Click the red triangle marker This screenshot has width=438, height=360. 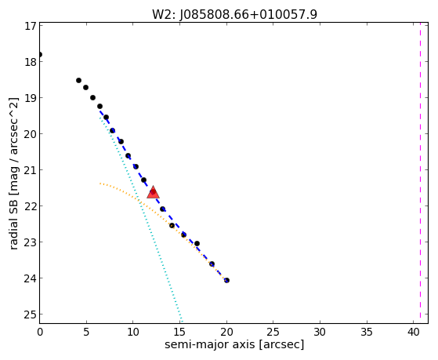pos(153,192)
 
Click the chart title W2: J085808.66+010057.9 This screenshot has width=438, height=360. pos(234,14)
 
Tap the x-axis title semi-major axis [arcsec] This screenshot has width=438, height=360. pos(234,344)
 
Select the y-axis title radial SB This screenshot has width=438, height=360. pos(13,220)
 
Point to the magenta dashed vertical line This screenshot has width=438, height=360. pos(420,173)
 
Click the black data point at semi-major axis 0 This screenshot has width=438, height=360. pos(40,54)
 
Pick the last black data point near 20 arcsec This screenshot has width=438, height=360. pos(226,280)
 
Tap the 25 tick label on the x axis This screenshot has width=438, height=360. pos(273,332)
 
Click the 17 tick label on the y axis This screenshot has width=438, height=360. pos(31,26)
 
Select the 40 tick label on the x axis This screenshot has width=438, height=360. pos(414,332)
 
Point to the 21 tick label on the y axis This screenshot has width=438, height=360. pos(31,170)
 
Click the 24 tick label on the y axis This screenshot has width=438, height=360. pos(31,278)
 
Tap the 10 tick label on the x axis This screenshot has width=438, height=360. pos(133,332)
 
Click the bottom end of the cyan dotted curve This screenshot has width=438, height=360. pos(182,322)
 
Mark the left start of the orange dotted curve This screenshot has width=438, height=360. pos(100,184)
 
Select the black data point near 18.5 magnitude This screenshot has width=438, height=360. pos(79,80)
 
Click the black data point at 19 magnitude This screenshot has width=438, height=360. pos(92,97)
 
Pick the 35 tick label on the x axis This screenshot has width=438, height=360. pos(367,332)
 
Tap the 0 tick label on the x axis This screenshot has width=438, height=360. pos(40,332)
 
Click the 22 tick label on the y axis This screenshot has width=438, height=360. pos(31,206)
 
